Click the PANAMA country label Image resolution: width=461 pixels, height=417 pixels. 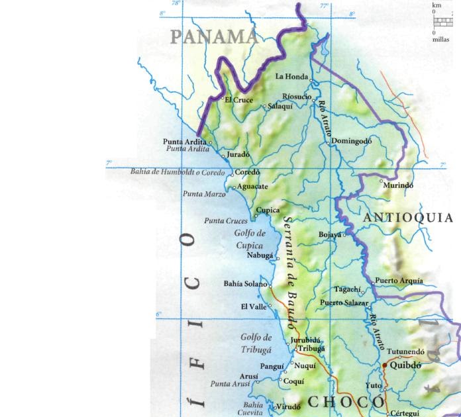214,36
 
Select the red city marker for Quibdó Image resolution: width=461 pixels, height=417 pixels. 385,364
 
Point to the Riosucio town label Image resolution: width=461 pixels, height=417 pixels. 296,96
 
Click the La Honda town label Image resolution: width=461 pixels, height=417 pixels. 291,77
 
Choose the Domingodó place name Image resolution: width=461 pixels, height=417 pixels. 352,141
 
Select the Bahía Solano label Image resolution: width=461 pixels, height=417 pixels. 244,284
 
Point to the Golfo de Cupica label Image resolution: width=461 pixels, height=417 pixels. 250,239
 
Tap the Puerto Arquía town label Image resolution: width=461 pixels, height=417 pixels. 399,281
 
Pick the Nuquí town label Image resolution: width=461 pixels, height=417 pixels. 305,365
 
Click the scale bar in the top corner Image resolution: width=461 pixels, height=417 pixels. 442,21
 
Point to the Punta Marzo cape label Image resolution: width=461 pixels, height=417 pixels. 203,194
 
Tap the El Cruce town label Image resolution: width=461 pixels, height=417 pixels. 238,101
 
